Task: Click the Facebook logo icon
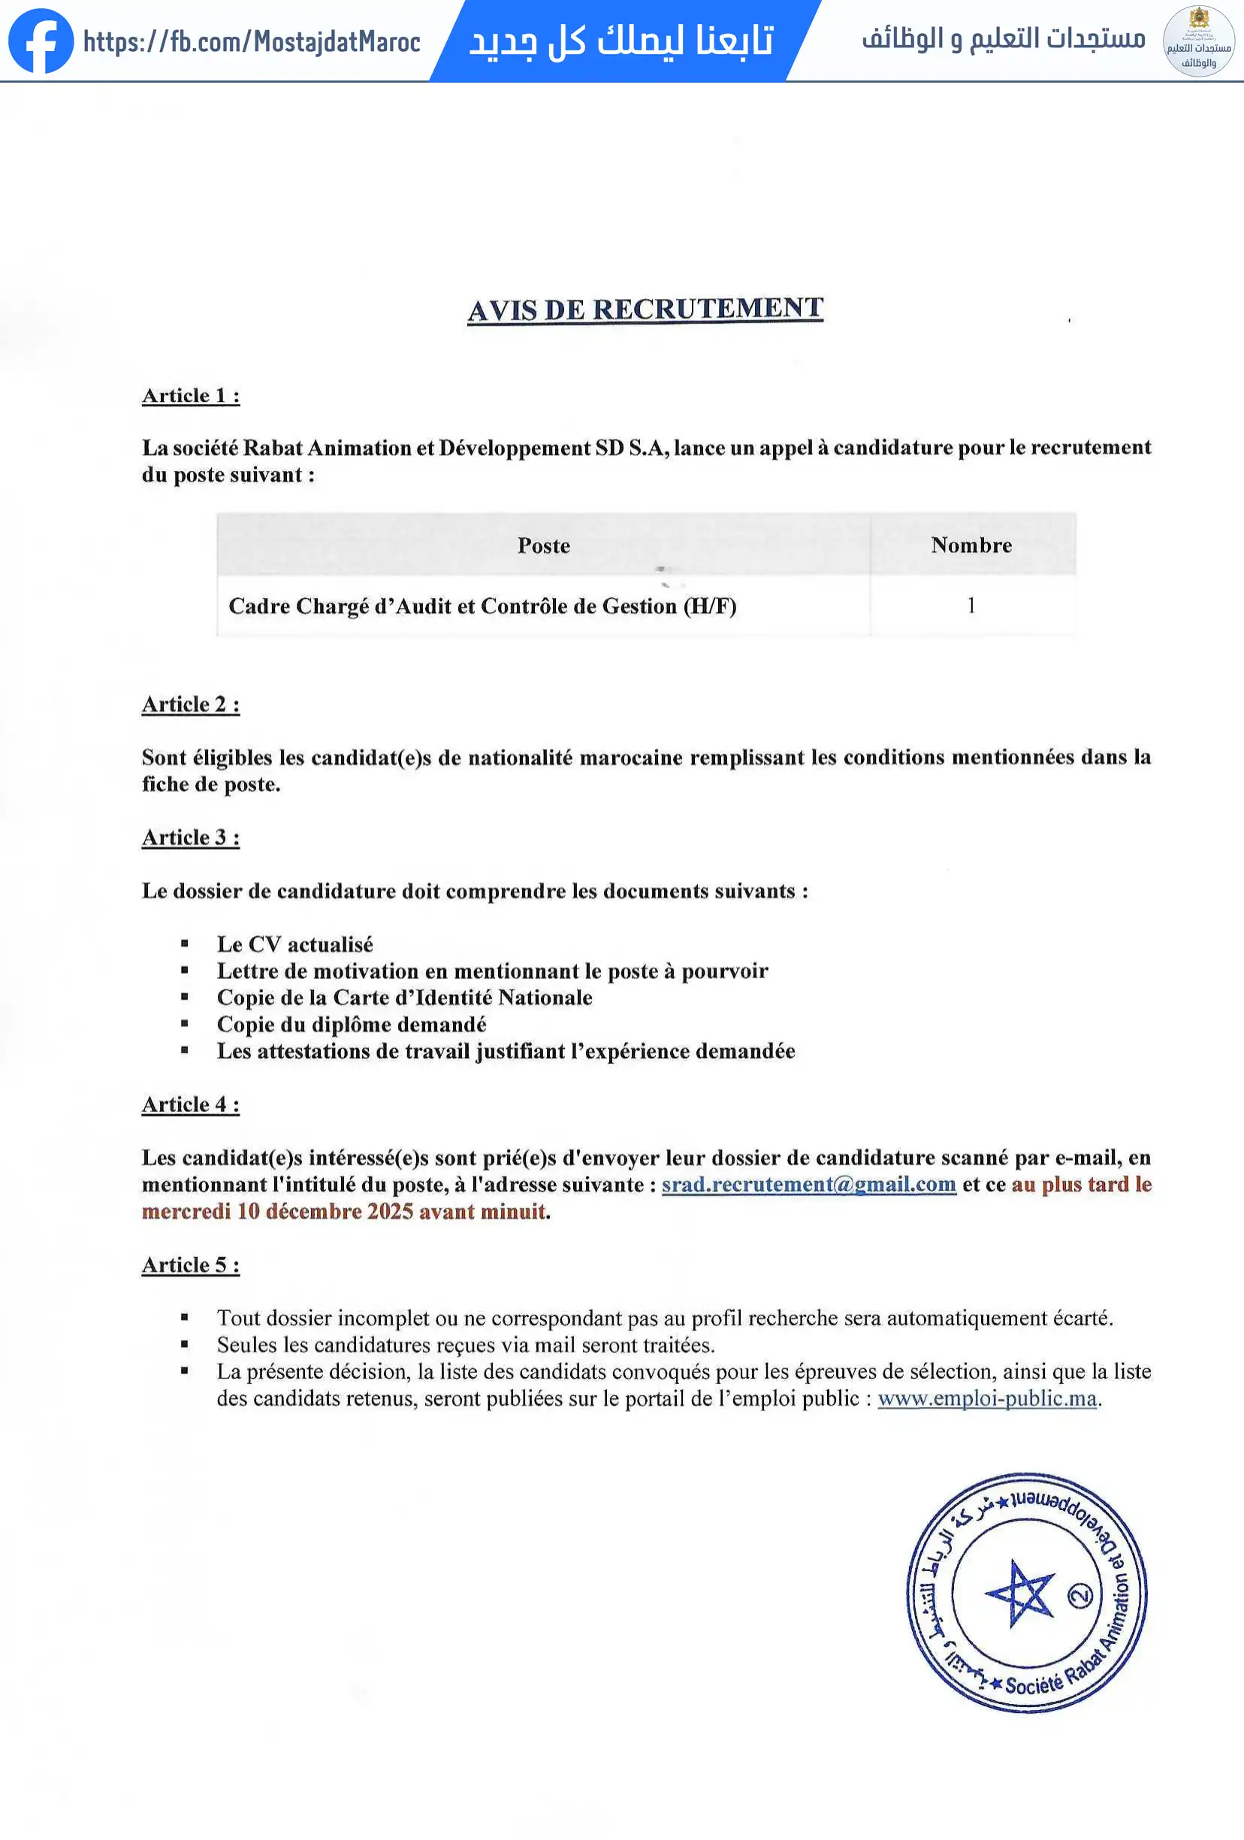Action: (41, 41)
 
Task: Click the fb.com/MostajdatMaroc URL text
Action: (252, 41)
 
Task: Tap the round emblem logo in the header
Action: (1198, 41)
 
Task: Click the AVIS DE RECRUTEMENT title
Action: (645, 310)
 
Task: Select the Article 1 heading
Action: (191, 395)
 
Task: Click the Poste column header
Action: (543, 545)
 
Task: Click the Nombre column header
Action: (971, 545)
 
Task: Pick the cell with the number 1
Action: (971, 606)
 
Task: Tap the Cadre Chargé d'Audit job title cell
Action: (482, 606)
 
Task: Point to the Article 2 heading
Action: (191, 704)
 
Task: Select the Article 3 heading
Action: (191, 837)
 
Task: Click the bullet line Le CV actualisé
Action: (294, 944)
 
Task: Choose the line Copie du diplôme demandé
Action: (352, 1025)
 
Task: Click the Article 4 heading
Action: (191, 1104)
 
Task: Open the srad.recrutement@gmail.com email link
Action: (808, 1184)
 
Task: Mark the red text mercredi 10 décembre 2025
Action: (317, 1211)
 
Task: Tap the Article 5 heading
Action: (191, 1264)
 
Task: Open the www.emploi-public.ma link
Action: (986, 1398)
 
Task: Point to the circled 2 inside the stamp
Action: (1080, 1595)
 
